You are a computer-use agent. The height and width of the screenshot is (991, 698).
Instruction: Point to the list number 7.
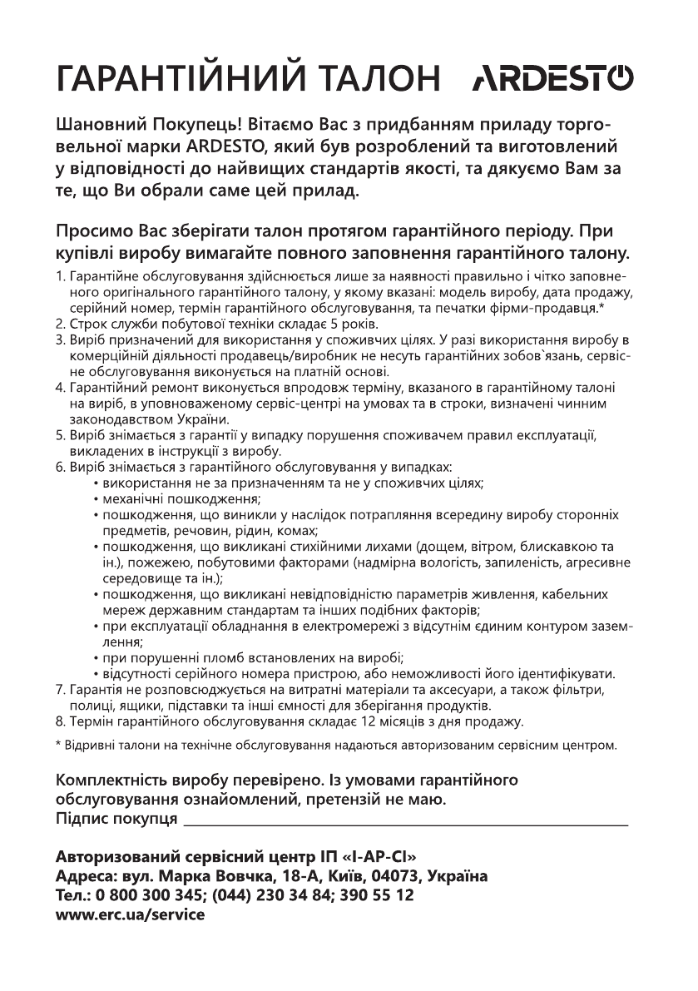[x=60, y=690]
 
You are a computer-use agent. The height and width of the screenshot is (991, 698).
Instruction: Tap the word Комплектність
[x=112, y=781]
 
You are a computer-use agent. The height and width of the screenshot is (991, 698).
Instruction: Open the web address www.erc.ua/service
[x=129, y=915]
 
